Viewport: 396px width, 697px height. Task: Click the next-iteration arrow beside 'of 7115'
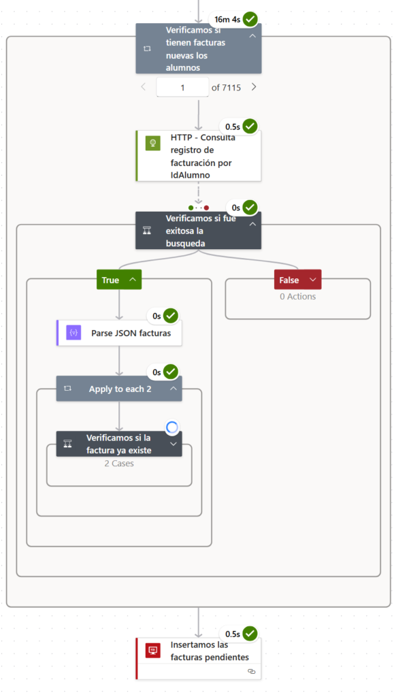coord(254,86)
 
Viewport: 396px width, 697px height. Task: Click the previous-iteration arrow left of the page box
coord(143,86)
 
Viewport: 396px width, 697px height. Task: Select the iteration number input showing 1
coord(182,87)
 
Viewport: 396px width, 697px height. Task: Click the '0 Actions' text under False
coord(297,296)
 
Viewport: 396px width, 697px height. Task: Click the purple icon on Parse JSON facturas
coord(73,333)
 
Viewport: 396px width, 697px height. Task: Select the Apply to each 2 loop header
coord(119,389)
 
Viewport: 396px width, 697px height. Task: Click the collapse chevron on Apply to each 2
coord(173,389)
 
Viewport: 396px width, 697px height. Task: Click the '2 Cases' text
coord(119,464)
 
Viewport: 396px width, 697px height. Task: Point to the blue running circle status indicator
coord(172,427)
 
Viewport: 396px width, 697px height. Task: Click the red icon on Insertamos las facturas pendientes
coord(153,651)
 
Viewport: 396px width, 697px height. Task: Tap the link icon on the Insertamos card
coord(251,671)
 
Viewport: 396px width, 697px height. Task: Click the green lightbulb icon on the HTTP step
coord(152,144)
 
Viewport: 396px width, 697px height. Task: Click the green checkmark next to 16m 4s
coord(250,19)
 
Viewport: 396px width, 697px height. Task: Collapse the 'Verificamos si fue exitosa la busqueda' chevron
coord(252,224)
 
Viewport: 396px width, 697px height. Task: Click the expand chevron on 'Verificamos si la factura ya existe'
coord(173,443)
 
